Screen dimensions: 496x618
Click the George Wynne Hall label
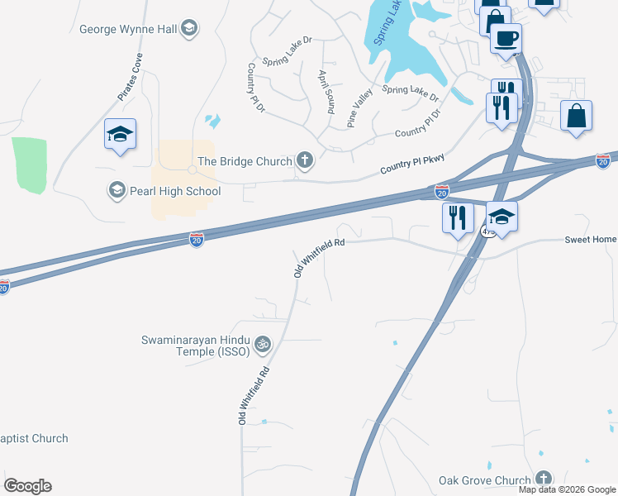point(127,30)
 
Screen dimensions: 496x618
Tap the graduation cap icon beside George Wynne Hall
point(189,30)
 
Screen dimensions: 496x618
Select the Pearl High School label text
point(174,192)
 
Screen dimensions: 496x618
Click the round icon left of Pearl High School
point(116,191)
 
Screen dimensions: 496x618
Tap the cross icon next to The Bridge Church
point(305,160)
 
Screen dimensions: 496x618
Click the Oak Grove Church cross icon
point(543,479)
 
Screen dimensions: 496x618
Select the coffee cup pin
point(505,37)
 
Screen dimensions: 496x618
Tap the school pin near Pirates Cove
point(120,134)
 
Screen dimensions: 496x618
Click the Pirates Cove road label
point(130,77)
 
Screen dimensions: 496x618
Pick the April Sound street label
point(326,91)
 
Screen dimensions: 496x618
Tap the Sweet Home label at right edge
point(590,240)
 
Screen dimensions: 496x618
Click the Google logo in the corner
point(27,486)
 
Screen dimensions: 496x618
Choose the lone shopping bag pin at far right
point(577,117)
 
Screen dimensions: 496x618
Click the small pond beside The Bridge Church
point(214,122)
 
